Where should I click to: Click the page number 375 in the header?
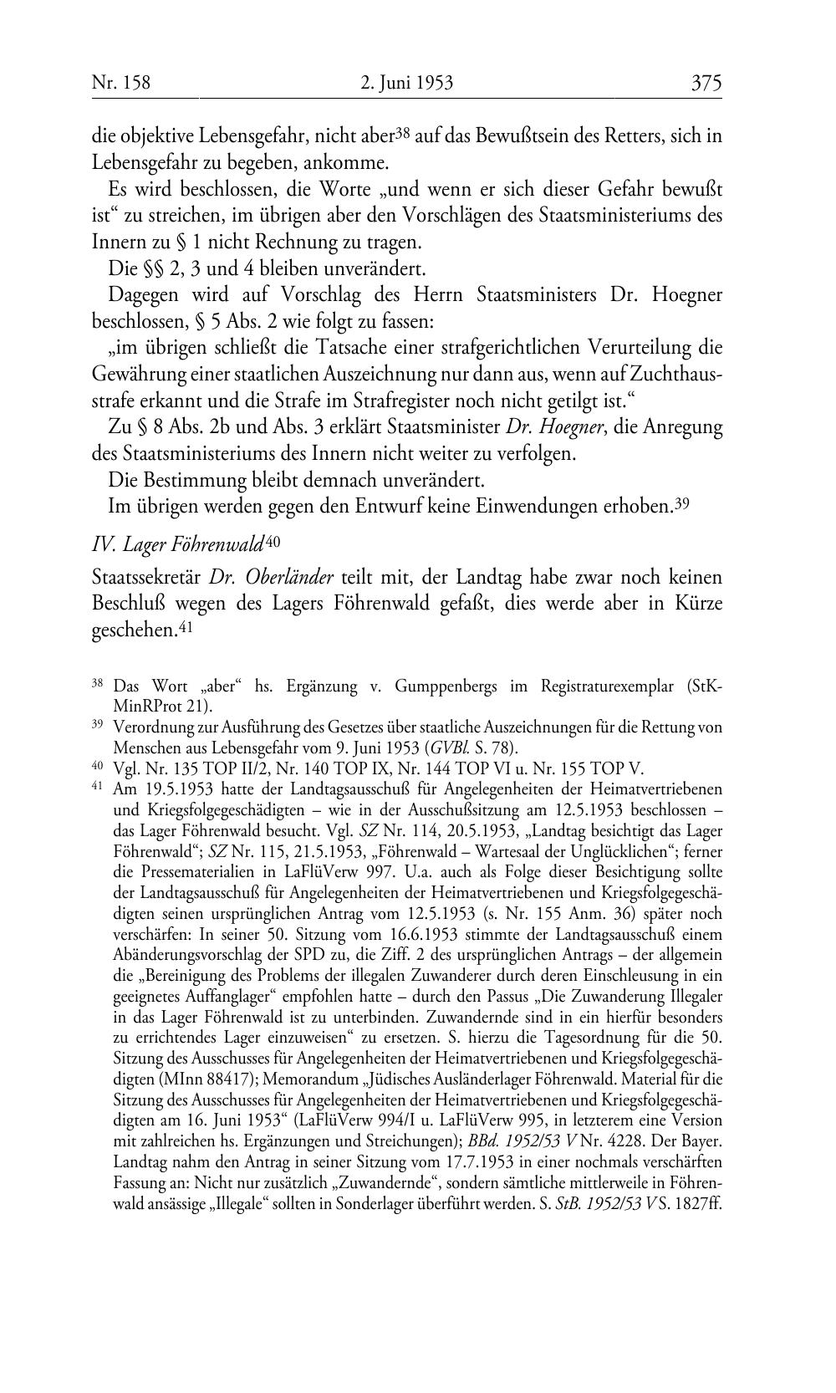click(x=706, y=83)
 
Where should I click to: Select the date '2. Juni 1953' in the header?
click(x=406, y=83)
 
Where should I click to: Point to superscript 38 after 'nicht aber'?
click(x=402, y=131)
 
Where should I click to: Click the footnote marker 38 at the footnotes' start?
click(x=98, y=685)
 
